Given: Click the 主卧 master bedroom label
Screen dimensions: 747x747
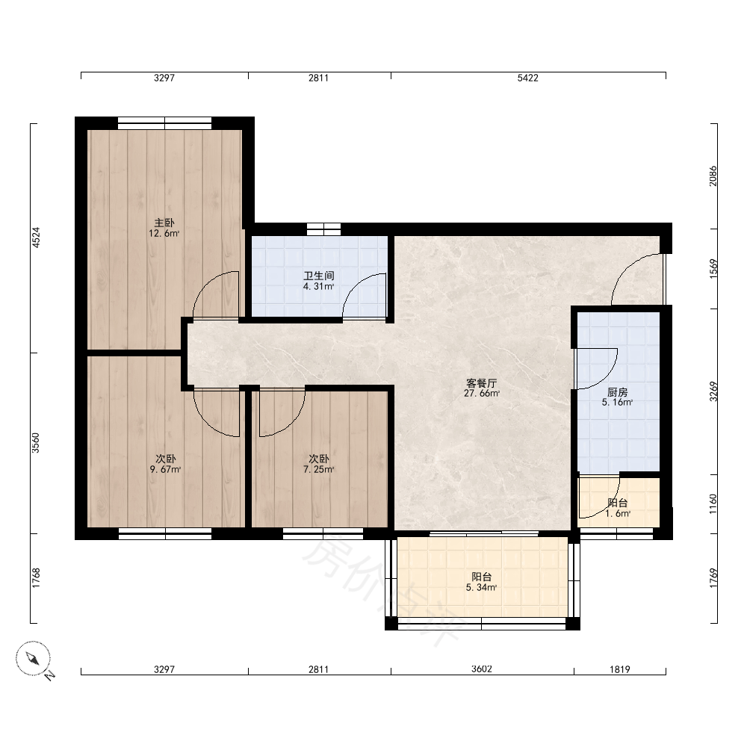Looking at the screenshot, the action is point(164,223).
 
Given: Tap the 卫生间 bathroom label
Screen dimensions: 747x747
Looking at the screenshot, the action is point(319,276).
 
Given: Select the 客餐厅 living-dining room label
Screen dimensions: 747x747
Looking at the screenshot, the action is point(482,383).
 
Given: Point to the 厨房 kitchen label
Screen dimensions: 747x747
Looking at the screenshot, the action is point(618,392).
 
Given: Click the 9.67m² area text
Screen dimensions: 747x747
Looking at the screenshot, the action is point(165,469).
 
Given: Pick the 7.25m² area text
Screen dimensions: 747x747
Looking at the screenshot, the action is point(319,469).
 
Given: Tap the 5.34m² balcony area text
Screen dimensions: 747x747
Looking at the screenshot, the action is point(482,587).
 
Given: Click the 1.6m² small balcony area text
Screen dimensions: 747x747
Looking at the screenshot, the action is point(618,514).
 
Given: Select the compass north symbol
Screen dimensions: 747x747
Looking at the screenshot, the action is point(34,659).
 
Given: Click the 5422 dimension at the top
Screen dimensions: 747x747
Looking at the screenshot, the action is point(528,78).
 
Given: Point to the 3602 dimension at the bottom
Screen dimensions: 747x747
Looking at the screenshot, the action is point(482,669).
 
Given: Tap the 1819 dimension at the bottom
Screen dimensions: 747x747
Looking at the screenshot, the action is point(620,669).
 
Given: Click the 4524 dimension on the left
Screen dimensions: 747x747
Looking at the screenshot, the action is point(36,238).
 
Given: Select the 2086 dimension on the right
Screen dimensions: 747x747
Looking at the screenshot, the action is point(713,176).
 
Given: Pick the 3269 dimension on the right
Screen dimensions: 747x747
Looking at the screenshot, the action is point(713,391).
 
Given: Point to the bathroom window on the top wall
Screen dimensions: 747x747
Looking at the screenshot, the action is point(323,229).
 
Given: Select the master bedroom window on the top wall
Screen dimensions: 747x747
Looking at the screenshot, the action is point(165,123).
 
